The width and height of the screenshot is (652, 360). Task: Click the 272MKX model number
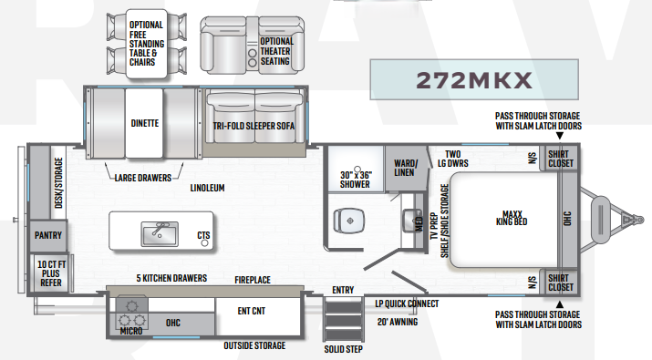click(x=474, y=80)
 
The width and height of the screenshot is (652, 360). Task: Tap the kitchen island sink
click(x=160, y=233)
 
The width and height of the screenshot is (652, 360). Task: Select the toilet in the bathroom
click(x=349, y=221)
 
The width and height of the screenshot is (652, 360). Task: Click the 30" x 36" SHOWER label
click(x=356, y=180)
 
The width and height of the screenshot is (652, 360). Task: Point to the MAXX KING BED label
click(x=512, y=218)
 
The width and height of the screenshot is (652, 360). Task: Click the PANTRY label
click(x=48, y=235)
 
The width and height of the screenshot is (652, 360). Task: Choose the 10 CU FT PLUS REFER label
click(x=51, y=273)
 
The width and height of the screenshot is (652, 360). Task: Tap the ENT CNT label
click(x=251, y=311)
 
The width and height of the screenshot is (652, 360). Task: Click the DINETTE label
click(x=145, y=123)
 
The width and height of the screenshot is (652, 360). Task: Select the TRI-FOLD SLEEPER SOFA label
click(x=254, y=126)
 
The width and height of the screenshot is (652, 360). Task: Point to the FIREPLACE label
click(x=253, y=280)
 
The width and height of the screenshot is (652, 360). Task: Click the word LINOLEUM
click(x=207, y=188)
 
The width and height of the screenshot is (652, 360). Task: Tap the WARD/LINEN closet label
click(x=405, y=168)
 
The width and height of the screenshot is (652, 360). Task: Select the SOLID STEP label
click(x=343, y=349)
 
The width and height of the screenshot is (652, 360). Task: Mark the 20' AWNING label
click(x=398, y=322)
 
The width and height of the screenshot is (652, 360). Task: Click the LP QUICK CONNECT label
click(x=407, y=303)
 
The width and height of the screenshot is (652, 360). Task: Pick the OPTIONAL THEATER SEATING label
click(x=276, y=51)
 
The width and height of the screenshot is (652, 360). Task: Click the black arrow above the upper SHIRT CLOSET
click(x=560, y=136)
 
